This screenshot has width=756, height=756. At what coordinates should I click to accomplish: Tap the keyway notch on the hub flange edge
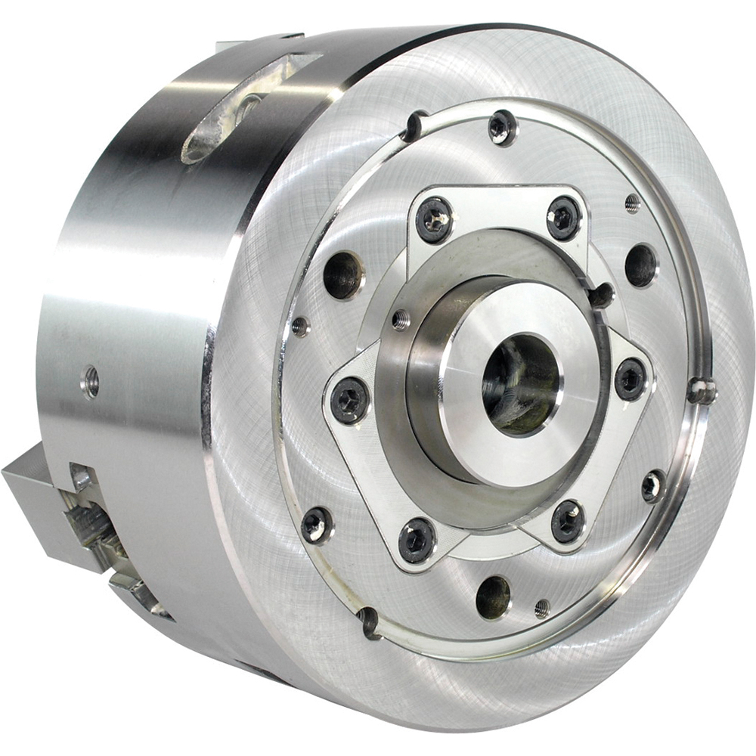[x=602, y=296]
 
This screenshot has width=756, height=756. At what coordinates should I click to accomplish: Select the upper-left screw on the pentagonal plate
[x=435, y=220]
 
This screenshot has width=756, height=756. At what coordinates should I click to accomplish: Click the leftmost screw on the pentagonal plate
[x=350, y=400]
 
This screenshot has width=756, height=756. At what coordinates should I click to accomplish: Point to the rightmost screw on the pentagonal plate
[x=631, y=379]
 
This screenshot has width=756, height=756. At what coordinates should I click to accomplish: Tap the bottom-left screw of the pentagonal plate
[x=417, y=540]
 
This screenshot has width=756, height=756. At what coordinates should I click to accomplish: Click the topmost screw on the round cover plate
[x=502, y=128]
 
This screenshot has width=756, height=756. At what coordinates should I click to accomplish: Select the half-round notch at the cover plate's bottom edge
[x=370, y=621]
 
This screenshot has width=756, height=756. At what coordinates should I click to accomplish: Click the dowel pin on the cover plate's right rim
[x=702, y=391]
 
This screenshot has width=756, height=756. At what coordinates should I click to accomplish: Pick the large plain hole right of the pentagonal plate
[x=641, y=265]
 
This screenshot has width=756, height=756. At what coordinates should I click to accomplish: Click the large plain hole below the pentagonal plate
[x=493, y=597]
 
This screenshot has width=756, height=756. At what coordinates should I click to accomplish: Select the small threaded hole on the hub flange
[x=401, y=321]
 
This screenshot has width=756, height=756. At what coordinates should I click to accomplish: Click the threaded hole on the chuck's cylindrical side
[x=91, y=382]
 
